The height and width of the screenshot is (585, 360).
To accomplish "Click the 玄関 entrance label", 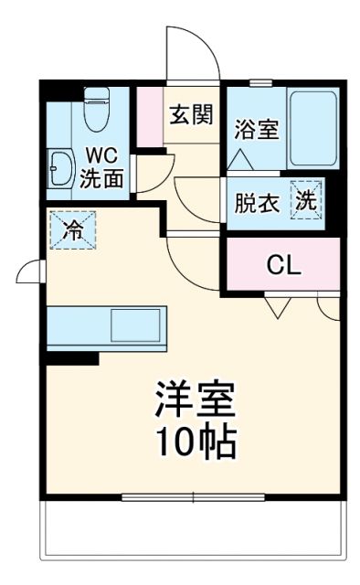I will coord(191,114).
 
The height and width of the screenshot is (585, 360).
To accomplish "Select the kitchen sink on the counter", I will coord(133,326).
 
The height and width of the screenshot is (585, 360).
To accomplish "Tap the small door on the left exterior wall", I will coord(30,271).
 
